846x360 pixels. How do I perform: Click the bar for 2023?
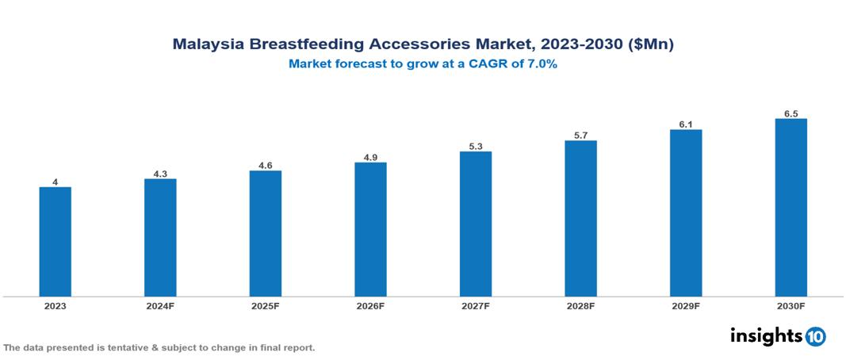55,242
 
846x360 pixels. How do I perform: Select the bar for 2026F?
370,230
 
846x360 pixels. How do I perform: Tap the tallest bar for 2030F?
790,208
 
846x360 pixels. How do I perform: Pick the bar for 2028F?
580,219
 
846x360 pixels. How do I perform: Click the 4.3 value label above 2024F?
160,174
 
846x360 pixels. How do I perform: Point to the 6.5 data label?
790,113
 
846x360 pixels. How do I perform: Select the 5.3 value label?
476,146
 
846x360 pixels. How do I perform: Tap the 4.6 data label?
265,165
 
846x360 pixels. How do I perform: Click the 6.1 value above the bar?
686,124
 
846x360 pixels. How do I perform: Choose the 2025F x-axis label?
265,306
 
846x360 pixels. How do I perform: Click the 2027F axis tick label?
476,306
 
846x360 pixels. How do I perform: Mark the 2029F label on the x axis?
686,306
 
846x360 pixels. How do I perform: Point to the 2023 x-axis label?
55,306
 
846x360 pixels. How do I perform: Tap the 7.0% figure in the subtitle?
539,64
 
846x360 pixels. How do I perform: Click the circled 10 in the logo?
815,336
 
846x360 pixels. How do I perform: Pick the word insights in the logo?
765,335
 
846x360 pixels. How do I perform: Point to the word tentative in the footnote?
126,347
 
